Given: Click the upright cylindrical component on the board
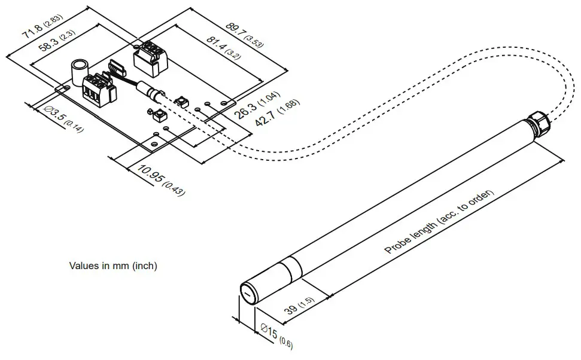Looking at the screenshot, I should [79, 72].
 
